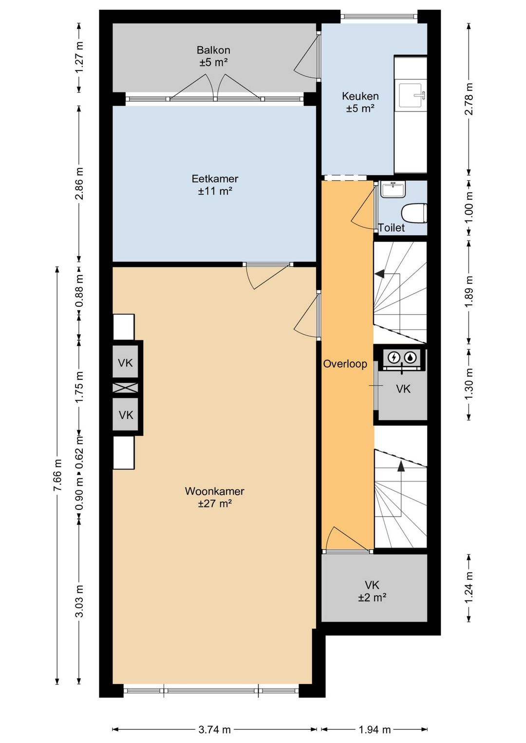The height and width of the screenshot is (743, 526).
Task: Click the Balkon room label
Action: [213, 50]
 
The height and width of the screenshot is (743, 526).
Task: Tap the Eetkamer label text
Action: [215, 179]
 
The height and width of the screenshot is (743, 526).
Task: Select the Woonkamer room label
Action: [214, 491]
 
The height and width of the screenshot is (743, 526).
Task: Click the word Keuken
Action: [360, 96]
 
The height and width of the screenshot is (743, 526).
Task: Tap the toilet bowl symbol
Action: [414, 213]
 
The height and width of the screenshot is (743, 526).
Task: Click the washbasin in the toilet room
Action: [393, 189]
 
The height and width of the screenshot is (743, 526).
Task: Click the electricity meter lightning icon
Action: [394, 357]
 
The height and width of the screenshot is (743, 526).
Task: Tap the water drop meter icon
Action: [412, 357]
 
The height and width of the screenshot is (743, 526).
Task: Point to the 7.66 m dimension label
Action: [58, 476]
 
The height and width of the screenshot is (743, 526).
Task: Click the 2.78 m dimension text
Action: [469, 99]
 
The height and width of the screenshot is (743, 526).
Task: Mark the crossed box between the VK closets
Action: [125, 388]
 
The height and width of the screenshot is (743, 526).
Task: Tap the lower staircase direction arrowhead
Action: [401, 466]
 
